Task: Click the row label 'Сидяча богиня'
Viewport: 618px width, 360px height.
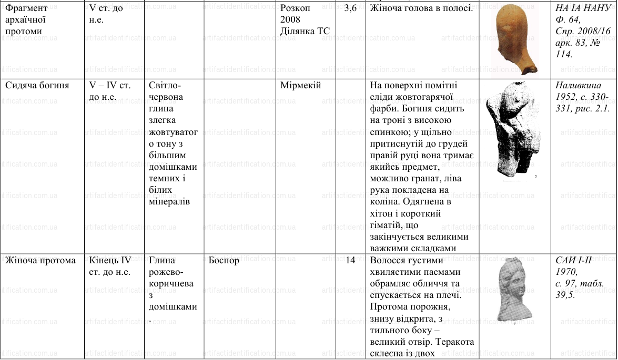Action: (x=37, y=85)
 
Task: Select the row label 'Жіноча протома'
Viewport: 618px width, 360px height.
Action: (x=40, y=261)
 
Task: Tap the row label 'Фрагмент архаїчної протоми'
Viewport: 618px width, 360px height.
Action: (x=26, y=19)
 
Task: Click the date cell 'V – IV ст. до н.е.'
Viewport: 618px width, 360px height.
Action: (x=109, y=91)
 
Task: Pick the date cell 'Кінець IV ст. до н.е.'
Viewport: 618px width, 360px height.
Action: (x=110, y=266)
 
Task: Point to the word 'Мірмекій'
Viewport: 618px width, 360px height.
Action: (x=300, y=85)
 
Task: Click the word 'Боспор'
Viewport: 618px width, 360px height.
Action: (x=224, y=261)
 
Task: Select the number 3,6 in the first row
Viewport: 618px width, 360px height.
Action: (x=350, y=8)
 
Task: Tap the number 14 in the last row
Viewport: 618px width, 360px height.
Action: (x=350, y=261)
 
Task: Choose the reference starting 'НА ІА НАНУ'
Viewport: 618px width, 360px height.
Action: (x=584, y=8)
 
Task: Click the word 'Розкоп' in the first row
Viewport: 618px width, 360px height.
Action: (x=295, y=8)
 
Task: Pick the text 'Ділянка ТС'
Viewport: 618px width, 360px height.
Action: (x=305, y=31)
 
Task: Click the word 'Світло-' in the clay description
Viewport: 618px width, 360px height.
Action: (x=165, y=85)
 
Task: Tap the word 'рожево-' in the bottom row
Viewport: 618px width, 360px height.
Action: (x=166, y=272)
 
